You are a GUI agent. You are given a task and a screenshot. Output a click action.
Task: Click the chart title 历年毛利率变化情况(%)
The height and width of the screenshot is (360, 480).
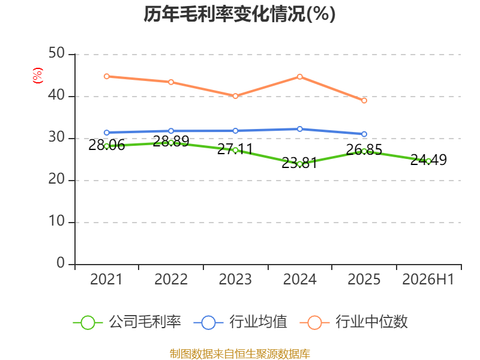pyautogui.click(x=239, y=14)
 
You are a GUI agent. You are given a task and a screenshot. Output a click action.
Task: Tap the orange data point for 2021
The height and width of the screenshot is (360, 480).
pyautogui.click(x=107, y=76)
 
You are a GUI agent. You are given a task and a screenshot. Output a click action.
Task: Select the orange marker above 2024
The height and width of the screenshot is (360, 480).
pyautogui.click(x=299, y=77)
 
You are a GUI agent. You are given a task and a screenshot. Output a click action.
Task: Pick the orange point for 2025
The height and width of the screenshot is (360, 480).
pyautogui.click(x=364, y=100)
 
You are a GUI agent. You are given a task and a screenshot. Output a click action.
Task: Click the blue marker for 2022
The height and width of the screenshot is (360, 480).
pyautogui.click(x=171, y=131)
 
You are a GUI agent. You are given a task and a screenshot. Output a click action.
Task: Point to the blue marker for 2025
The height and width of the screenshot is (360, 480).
pyautogui.click(x=364, y=134)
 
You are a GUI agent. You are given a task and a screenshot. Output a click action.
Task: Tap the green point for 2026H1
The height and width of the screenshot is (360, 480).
pyautogui.click(x=428, y=161)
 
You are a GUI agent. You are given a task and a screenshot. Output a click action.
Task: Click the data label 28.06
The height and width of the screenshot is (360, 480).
pyautogui.click(x=107, y=145)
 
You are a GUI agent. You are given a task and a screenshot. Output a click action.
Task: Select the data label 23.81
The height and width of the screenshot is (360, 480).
pyautogui.click(x=299, y=163)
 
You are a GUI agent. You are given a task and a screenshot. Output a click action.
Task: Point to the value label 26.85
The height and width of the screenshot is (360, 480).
pyautogui.click(x=364, y=149)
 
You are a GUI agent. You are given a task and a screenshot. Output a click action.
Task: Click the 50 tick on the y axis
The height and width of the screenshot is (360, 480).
pyautogui.click(x=56, y=53)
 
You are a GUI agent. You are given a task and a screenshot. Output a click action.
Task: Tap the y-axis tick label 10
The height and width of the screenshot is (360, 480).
pyautogui.click(x=56, y=221)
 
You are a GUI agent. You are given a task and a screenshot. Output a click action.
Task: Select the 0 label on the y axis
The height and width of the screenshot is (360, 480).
pyautogui.click(x=61, y=263)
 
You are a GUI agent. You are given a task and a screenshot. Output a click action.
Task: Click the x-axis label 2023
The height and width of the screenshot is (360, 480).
pyautogui.click(x=235, y=279)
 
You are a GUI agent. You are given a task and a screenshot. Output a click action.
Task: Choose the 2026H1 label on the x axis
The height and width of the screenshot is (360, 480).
pyautogui.click(x=428, y=279)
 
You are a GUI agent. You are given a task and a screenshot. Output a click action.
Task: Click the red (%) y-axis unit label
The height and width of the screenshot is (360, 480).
pyautogui.click(x=38, y=76)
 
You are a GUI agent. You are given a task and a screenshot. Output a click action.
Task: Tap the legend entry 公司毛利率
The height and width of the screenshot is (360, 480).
pyautogui.click(x=127, y=322)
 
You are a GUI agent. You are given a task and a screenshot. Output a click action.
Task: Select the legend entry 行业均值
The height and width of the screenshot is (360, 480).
pyautogui.click(x=241, y=322)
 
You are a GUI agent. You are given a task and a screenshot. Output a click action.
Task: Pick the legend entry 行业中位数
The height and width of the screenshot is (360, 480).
pyautogui.click(x=354, y=322)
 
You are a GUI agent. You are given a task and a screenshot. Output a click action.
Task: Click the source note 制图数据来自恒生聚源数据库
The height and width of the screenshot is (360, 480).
pyautogui.click(x=240, y=353)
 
